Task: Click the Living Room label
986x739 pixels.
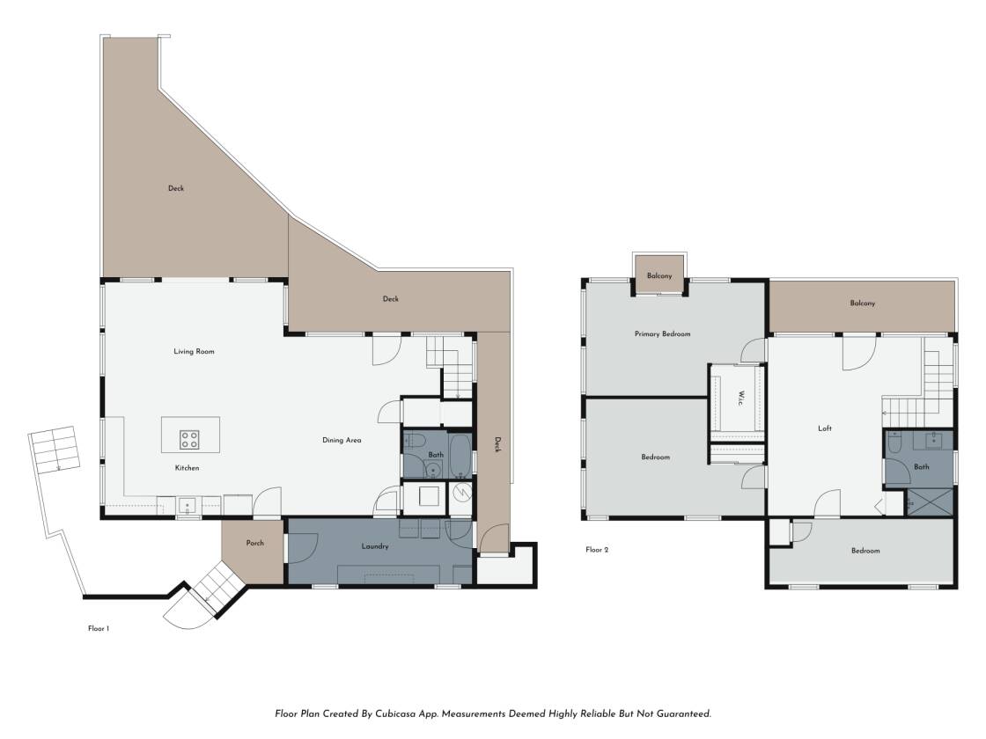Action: (x=194, y=351)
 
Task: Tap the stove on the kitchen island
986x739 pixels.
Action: (x=189, y=439)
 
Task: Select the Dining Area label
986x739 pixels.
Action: (x=342, y=440)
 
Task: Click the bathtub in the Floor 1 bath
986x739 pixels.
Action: (x=460, y=455)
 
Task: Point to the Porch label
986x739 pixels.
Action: (x=254, y=543)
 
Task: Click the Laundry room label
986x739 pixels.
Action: (x=375, y=546)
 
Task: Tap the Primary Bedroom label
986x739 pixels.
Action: (x=662, y=333)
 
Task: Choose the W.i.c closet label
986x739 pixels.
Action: (x=740, y=397)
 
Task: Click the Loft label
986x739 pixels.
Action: (x=824, y=428)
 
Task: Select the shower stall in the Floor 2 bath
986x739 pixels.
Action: (x=930, y=502)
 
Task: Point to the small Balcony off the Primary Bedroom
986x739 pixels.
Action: (x=659, y=275)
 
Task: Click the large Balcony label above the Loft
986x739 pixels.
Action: (x=862, y=303)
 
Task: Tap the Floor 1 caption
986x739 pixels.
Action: (x=99, y=628)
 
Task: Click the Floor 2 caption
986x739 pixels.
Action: (x=597, y=549)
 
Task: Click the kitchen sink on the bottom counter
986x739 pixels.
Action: (x=188, y=505)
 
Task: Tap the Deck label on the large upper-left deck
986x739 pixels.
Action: (x=176, y=188)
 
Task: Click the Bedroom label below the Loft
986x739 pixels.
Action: (x=865, y=551)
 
